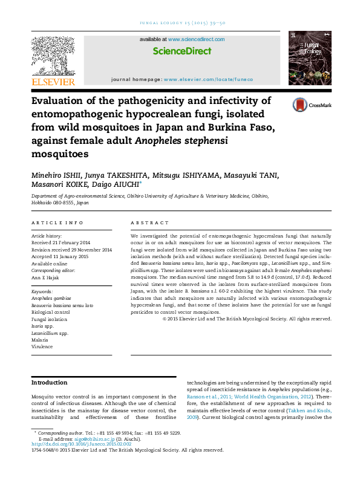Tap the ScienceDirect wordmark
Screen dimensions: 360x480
pyautogui.click(x=182, y=51)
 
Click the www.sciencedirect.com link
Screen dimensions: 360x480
pyautogui.click(x=195, y=39)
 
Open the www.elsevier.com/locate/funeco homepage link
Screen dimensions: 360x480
pyautogui.click(x=208, y=79)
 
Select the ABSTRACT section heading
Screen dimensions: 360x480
pyautogui.click(x=145, y=223)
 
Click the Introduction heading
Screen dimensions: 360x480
pyautogui.click(x=49, y=383)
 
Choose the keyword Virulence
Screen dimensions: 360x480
pyautogui.click(x=42, y=347)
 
